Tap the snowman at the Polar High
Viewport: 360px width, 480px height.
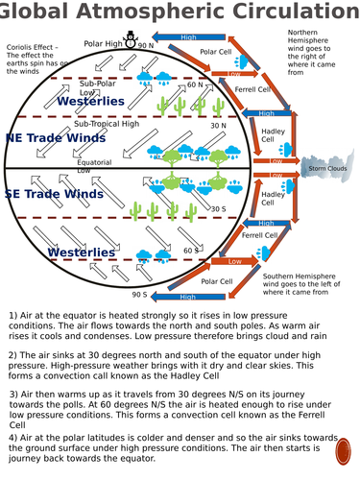(131, 39)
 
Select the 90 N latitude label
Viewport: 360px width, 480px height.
(146, 45)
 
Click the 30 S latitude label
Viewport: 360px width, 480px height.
(218, 208)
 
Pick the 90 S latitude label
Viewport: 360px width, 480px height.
(140, 295)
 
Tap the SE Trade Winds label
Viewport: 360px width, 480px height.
(54, 194)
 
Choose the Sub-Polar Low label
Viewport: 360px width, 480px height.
(97, 87)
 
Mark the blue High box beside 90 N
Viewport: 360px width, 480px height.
(188, 37)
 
